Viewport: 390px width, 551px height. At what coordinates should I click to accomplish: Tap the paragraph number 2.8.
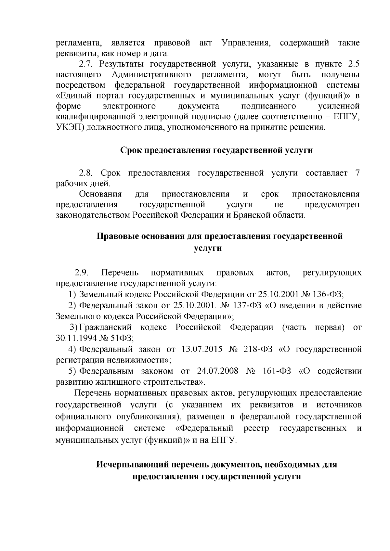point(85,173)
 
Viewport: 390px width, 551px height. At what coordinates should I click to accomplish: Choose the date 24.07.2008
point(217,371)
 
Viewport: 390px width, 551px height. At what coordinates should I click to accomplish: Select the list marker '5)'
point(72,371)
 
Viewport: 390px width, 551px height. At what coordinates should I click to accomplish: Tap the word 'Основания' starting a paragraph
point(100,194)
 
